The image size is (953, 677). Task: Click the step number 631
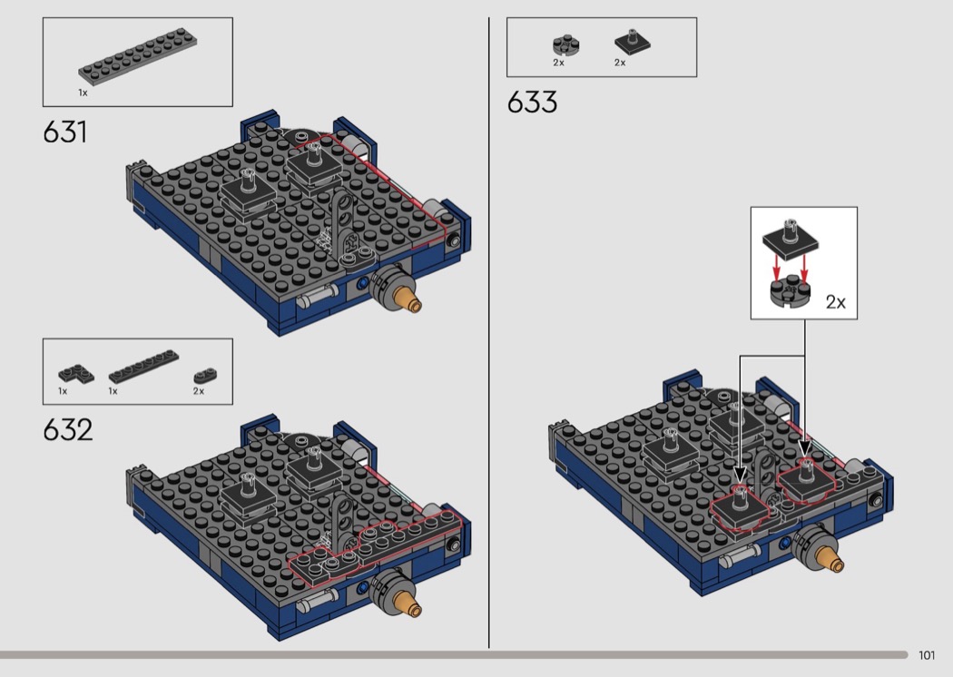65,132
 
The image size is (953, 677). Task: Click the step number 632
67,429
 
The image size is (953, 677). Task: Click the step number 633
532,102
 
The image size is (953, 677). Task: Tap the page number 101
927,655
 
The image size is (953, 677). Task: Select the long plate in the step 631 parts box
138,56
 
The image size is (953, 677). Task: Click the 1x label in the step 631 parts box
83,93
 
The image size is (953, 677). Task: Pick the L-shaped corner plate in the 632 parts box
76,374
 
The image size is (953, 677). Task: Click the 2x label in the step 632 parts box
199,391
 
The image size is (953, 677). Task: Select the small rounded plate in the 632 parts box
205,375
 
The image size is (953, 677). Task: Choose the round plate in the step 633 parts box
565,45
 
